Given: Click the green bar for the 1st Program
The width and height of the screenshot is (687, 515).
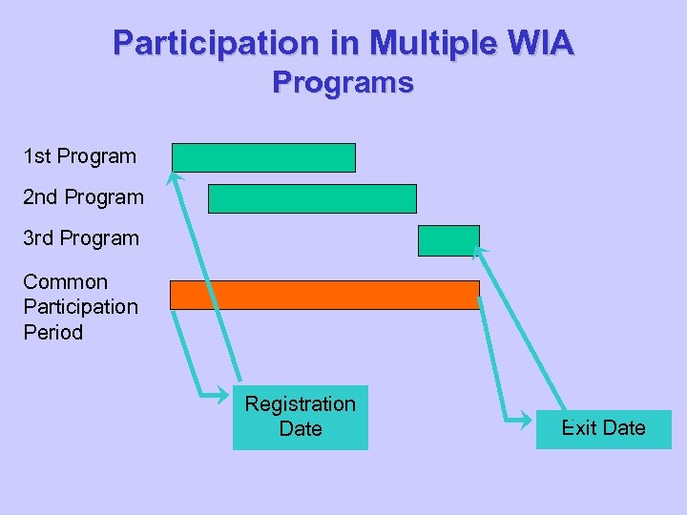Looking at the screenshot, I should [263, 157].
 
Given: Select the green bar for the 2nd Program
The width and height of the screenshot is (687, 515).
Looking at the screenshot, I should [312, 198].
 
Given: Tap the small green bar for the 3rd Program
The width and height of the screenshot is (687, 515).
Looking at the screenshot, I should [448, 240].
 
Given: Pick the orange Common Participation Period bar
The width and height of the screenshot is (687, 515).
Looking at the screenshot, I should [324, 295].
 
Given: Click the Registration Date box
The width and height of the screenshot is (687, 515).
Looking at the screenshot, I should [300, 417].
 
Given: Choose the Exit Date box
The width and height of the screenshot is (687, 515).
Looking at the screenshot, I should [603, 428].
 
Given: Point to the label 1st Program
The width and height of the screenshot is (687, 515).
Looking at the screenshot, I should [80, 155].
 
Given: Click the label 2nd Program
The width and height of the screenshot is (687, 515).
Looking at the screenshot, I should [83, 197].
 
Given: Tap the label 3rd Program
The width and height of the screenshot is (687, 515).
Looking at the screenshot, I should [81, 238].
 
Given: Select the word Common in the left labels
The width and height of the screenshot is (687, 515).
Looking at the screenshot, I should [65, 282].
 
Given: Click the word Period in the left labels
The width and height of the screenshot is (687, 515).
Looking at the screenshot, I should [52, 333].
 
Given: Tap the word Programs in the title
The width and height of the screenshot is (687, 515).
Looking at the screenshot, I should [343, 84].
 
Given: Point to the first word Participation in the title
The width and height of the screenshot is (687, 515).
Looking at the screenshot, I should [215, 43].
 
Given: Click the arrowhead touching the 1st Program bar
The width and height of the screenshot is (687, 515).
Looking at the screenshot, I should [174, 176].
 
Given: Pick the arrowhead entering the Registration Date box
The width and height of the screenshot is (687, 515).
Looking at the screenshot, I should [225, 392].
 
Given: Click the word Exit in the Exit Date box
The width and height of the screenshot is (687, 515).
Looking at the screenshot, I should [579, 428].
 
